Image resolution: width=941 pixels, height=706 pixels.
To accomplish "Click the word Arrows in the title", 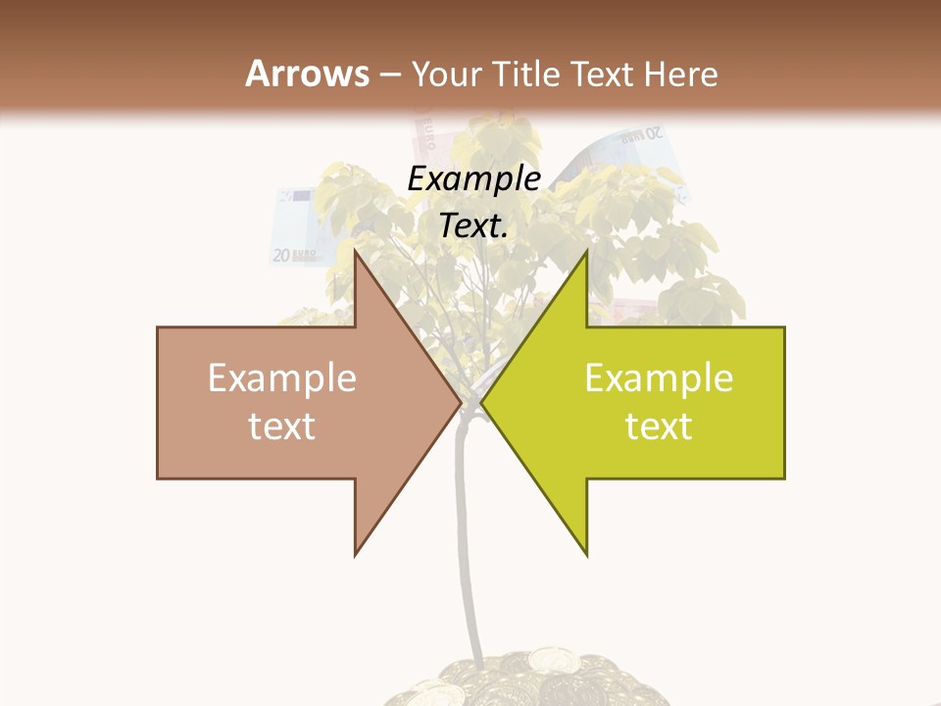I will (307, 74).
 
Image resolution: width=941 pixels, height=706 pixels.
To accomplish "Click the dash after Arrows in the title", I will (390, 75).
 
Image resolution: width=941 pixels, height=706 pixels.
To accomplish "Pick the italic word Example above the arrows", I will (473, 179).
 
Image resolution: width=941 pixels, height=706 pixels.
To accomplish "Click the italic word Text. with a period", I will (473, 227).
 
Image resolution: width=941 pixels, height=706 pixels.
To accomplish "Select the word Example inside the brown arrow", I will (282, 378).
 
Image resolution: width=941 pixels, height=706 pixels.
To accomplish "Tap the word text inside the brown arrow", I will (282, 427).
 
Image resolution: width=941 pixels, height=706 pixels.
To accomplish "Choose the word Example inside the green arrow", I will (659, 378).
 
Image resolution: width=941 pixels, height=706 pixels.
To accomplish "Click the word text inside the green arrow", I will (659, 427).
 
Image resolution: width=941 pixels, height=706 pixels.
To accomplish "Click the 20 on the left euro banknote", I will (281, 256).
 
